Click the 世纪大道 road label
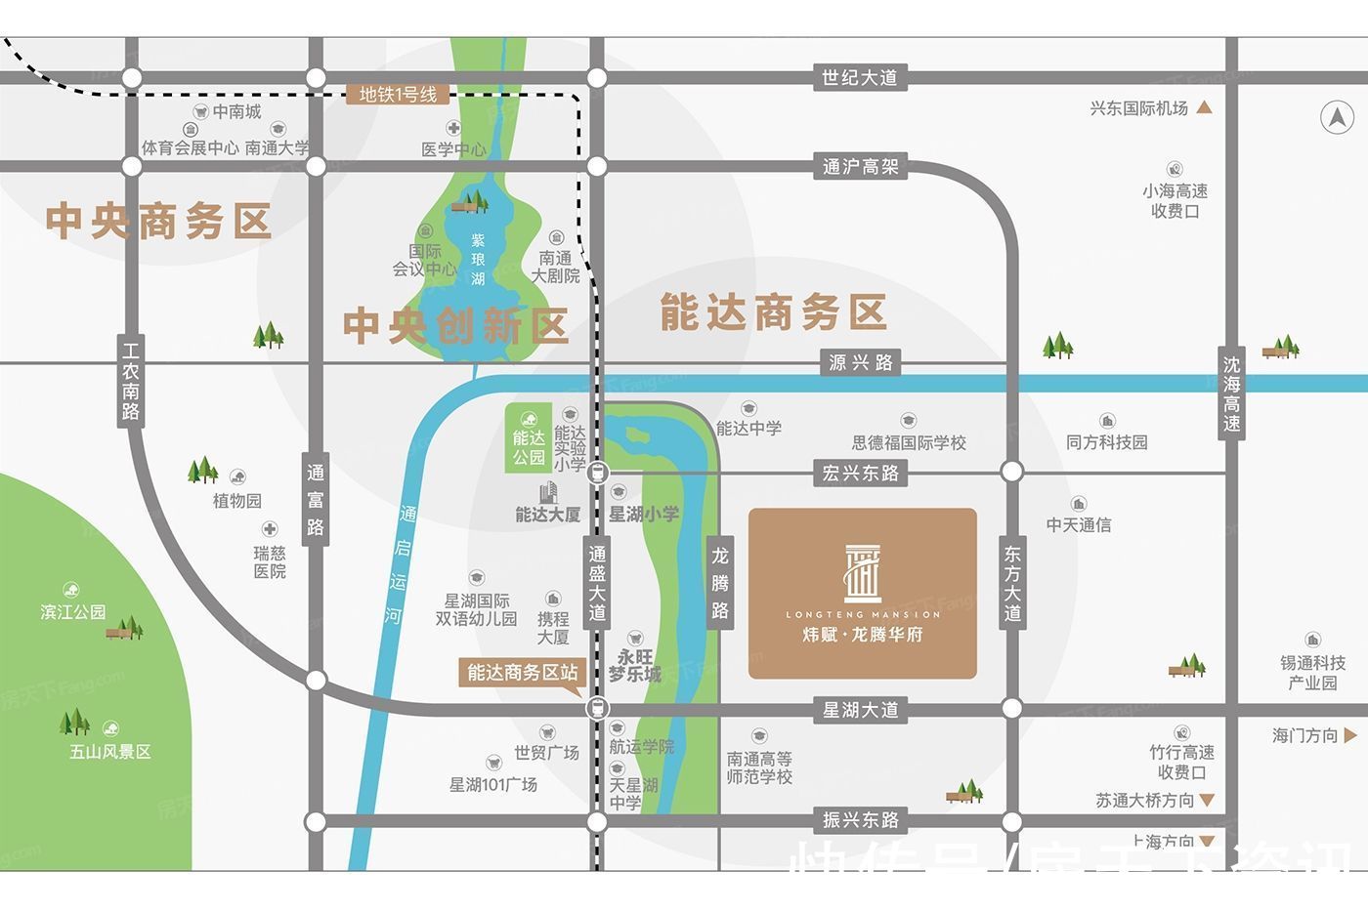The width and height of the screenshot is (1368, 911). click(859, 77)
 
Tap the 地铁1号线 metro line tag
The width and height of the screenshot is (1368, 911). click(398, 95)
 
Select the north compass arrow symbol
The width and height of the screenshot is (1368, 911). click(1337, 118)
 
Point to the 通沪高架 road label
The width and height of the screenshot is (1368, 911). click(860, 167)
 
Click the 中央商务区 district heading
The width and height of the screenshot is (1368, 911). click(158, 222)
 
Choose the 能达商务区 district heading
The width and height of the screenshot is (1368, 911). click(773, 313)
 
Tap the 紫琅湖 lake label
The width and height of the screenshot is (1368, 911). click(478, 259)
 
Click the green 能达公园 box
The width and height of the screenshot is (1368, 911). click(529, 438)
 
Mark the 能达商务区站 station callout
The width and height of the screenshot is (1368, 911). click(522, 672)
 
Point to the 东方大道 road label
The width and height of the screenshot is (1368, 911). click(1012, 584)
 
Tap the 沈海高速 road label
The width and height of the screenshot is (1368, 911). click(1231, 393)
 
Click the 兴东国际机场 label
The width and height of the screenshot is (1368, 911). click(1139, 108)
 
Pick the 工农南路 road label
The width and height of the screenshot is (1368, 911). click(131, 381)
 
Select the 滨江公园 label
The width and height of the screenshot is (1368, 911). click(73, 611)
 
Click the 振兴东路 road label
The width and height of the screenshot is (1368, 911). click(860, 820)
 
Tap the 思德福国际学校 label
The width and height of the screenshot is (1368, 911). click(909, 442)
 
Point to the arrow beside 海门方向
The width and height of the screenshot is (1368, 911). click(1350, 735)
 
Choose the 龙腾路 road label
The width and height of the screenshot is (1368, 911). click(720, 583)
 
